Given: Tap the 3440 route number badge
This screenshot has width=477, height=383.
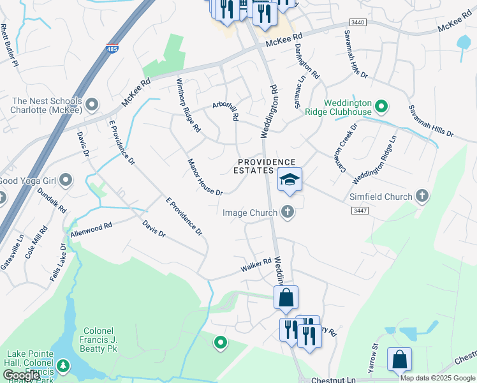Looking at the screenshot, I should [x=358, y=22].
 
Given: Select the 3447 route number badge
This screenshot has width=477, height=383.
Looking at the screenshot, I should [x=360, y=210].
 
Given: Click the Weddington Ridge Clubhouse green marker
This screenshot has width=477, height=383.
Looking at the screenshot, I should [x=381, y=106].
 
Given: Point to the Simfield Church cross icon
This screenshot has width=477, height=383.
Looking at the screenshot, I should [x=422, y=197].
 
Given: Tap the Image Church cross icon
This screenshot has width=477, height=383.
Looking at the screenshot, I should [x=288, y=212].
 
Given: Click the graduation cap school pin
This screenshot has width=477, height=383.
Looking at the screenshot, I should [x=290, y=181].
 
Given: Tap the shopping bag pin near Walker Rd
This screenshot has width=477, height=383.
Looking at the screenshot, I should [x=286, y=297].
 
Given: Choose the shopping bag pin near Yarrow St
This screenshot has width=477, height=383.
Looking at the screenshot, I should [x=399, y=359].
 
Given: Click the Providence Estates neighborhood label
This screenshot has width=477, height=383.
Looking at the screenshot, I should [x=267, y=167].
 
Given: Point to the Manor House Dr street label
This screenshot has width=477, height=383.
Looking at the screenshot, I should [x=204, y=177].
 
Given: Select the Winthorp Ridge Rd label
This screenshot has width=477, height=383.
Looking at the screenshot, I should [x=188, y=105].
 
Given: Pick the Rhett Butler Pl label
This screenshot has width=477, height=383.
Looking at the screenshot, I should [x=10, y=43].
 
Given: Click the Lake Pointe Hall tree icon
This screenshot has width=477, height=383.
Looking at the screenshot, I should [x=62, y=366].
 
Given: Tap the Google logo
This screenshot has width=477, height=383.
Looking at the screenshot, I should [x=22, y=375].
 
